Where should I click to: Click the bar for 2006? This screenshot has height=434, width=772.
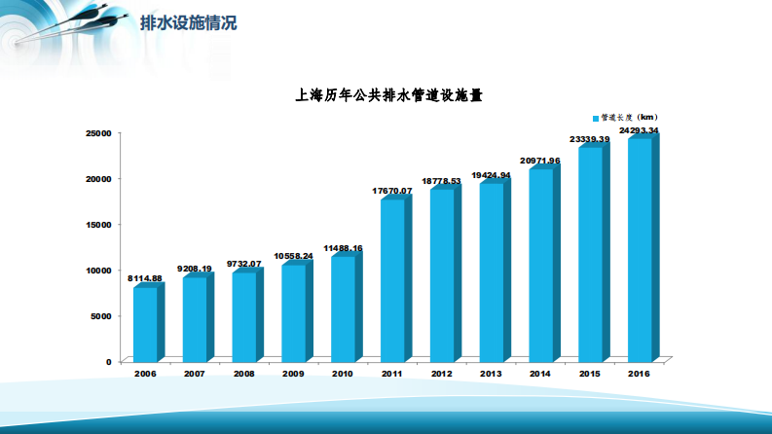tap(145, 324)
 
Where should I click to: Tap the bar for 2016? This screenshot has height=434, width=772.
tap(640, 250)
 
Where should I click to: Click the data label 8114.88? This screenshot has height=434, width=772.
tap(145, 278)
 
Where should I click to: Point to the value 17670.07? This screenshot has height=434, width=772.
tap(392, 192)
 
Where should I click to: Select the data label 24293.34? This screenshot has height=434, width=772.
tap(639, 130)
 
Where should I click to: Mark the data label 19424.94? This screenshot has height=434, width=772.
tap(491, 175)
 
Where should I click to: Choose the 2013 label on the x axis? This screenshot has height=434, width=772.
tap(491, 374)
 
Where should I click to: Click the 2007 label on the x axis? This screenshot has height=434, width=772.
tap(194, 374)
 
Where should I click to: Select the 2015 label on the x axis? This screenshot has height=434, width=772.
tap(590, 374)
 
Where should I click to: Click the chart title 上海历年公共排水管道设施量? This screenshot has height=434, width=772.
tap(389, 95)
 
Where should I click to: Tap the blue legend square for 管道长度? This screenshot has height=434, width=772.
tap(596, 118)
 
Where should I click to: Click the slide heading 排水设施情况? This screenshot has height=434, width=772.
tap(188, 22)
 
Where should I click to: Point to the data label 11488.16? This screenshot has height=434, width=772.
tap(343, 248)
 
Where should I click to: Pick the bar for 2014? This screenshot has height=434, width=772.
tap(540, 265)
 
